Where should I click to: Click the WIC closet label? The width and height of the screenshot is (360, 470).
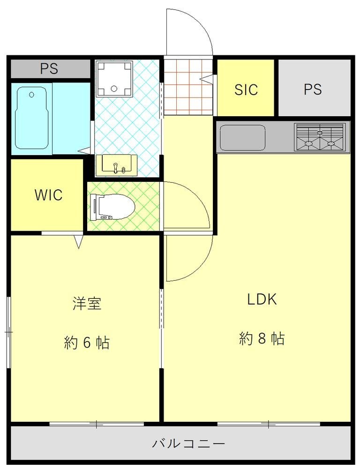(x=48, y=195)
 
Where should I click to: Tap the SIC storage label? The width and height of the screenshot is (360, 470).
(x=246, y=89)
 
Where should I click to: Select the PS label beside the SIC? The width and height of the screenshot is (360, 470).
(x=313, y=89)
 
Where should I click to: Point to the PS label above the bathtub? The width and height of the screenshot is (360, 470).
(x=49, y=69)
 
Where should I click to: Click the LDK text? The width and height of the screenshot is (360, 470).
(x=262, y=299)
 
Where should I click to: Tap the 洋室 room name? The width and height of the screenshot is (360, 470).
(x=87, y=304)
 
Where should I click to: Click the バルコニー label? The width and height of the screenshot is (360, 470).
(x=188, y=443)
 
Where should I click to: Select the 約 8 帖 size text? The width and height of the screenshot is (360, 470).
(x=262, y=338)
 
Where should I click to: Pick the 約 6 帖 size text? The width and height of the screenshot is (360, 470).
(x=87, y=343)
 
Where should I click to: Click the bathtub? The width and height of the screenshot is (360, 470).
(x=32, y=118)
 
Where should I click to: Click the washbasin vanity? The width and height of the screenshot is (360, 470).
(x=116, y=165)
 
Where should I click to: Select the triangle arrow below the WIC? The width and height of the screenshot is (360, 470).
(x=79, y=241)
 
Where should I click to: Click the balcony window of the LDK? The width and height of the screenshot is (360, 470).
(x=269, y=425)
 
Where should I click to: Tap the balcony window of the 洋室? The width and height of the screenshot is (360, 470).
(x=97, y=425)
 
